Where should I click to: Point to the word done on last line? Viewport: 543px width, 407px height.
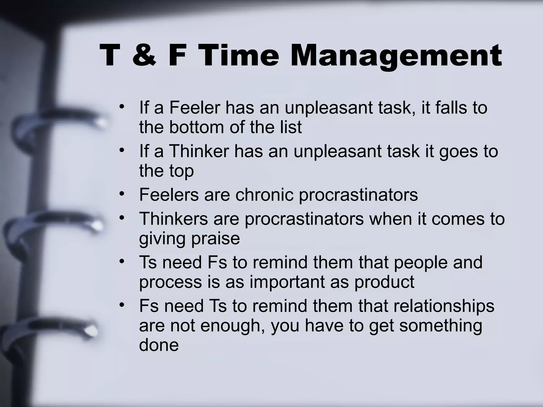coord(159,345)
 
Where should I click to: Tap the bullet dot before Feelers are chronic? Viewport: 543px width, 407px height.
coord(122,194)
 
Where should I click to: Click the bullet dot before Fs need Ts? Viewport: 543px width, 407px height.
coord(122,305)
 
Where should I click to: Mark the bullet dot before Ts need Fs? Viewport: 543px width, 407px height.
coord(122,262)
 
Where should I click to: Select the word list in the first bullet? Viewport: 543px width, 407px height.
coord(292,127)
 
